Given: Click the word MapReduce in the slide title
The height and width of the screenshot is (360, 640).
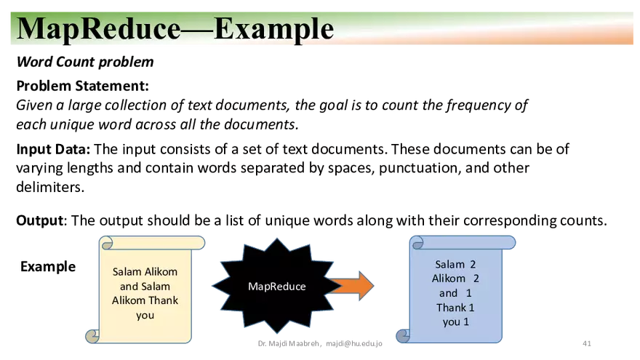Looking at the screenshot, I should click(97, 28).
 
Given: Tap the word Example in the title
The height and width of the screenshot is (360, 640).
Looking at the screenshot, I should click(274, 28).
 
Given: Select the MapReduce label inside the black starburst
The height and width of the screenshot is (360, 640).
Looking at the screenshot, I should click(276, 287).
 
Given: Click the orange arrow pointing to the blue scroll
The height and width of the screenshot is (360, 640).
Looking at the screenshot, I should click(352, 285).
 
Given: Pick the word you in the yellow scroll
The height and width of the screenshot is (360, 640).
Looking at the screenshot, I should click(145, 315).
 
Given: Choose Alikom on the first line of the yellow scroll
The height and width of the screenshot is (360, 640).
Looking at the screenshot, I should click(161, 272).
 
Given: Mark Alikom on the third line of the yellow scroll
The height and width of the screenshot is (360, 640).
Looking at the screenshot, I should click(129, 300).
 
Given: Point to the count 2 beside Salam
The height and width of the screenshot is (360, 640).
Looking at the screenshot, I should click(473, 265).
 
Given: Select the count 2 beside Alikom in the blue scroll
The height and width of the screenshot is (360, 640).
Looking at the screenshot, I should click(476, 279).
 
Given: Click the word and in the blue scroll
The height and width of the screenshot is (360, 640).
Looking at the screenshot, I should click(448, 293).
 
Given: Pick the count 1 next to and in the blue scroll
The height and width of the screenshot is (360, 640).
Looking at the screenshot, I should click(469, 293).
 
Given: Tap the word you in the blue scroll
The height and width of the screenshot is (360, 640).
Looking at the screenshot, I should click(452, 321).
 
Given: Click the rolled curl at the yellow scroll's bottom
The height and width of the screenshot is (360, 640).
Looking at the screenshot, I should click(92, 335).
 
